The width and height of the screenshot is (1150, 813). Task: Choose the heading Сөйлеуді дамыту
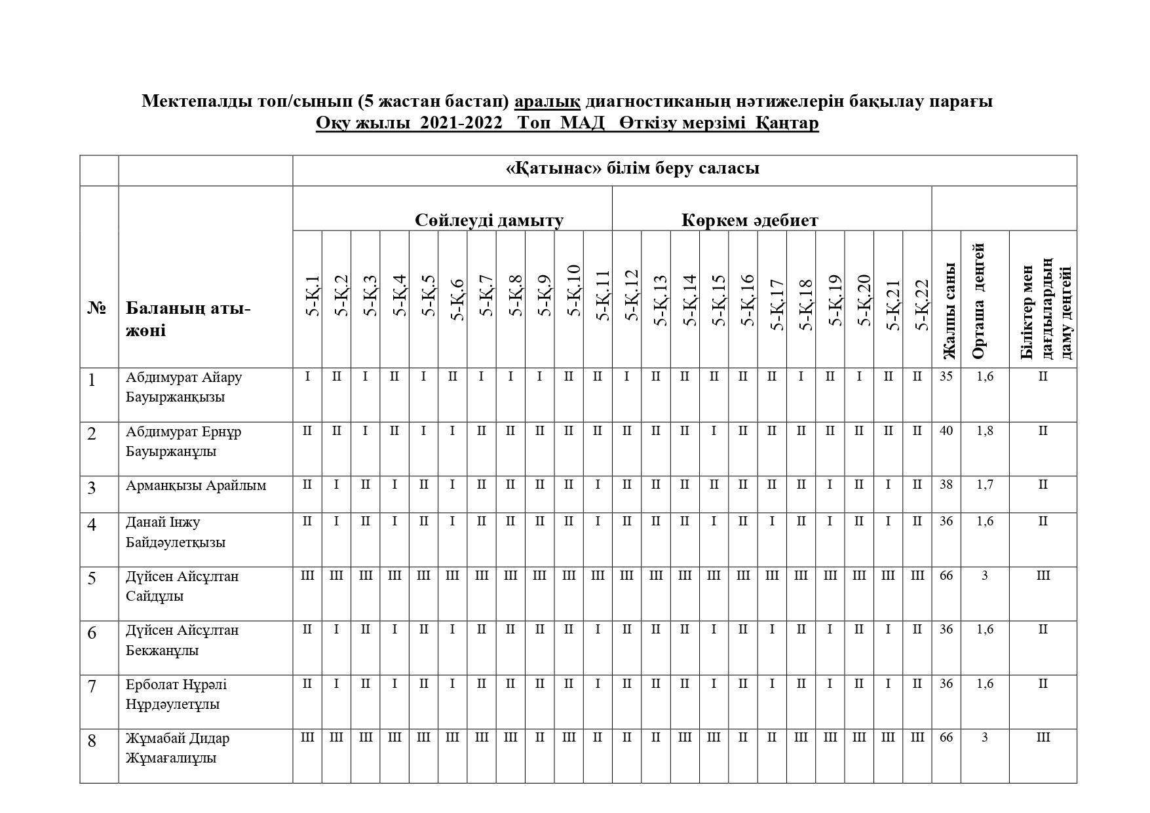coord(489,220)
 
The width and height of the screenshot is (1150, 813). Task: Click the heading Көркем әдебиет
coord(750,220)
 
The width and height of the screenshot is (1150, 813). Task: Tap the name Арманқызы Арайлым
coord(196,486)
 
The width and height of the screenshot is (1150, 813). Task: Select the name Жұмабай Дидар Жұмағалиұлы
coord(178,748)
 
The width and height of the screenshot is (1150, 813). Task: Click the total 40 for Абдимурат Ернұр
coord(946,431)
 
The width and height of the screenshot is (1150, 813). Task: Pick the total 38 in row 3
coord(946,485)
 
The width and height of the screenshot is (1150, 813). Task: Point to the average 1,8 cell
coord(985,431)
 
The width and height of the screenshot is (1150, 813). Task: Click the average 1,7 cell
coord(985,485)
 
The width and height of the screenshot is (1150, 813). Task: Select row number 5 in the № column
coord(92,578)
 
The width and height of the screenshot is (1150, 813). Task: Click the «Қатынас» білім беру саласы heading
coord(632,168)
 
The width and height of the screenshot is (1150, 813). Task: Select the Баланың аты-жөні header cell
coord(188,319)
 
